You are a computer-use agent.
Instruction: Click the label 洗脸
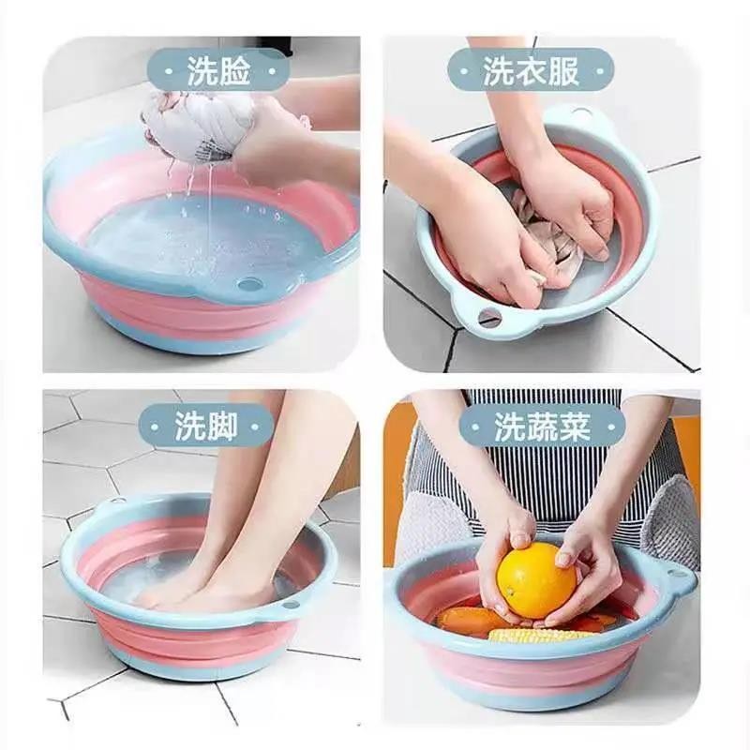[x=218, y=72]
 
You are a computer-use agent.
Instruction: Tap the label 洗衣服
[x=531, y=72]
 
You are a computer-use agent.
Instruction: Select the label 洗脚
[x=206, y=426]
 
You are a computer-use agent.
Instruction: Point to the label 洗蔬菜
[x=542, y=427]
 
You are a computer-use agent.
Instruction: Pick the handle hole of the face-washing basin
[x=250, y=285]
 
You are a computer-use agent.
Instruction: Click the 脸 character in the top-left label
[x=234, y=72]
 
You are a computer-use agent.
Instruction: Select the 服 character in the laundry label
[x=563, y=72]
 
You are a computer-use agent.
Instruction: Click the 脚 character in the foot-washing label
[x=222, y=426]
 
